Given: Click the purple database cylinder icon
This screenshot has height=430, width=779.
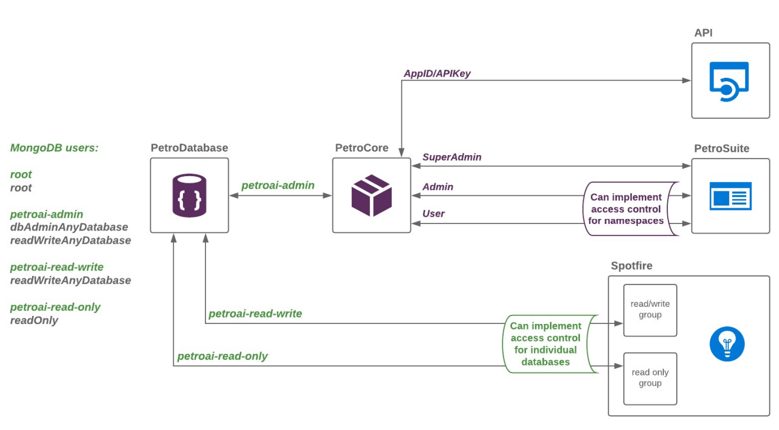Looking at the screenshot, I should pos(189,195).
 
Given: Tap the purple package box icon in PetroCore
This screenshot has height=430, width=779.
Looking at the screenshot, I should pos(371,195).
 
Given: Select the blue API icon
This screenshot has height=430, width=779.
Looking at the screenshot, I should pos(729,81).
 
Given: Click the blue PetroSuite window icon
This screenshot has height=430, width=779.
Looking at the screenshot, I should pos(730,196).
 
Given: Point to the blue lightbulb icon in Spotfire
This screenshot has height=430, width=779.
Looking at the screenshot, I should pos(727,343).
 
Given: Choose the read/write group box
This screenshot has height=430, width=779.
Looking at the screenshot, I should pos(650,310).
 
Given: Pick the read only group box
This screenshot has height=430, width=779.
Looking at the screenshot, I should pos(650,378).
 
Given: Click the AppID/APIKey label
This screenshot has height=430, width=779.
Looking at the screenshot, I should pos(437,74).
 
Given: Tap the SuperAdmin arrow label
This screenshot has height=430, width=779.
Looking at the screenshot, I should pos(452,157).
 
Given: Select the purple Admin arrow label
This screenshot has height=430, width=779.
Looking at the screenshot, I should pos(437,187).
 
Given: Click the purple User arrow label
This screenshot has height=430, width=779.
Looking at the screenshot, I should pos(433,214).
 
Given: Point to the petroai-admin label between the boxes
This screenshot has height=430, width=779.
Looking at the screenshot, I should pos(278,186).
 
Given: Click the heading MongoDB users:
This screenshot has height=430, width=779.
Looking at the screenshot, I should pos(54,148).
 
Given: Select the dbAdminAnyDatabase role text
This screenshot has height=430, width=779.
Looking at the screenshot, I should pos(69,227).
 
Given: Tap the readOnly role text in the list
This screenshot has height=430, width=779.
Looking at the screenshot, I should pos(34,321).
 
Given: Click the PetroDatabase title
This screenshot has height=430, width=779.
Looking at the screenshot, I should pos(189,148).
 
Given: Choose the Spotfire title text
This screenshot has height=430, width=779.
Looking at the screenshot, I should pos(631,265).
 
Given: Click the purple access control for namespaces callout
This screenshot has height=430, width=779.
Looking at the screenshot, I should pos(627,209).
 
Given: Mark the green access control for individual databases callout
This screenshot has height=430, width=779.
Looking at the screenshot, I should pos(545,344).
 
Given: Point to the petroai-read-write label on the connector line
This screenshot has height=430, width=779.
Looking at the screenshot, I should pos(255,314).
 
